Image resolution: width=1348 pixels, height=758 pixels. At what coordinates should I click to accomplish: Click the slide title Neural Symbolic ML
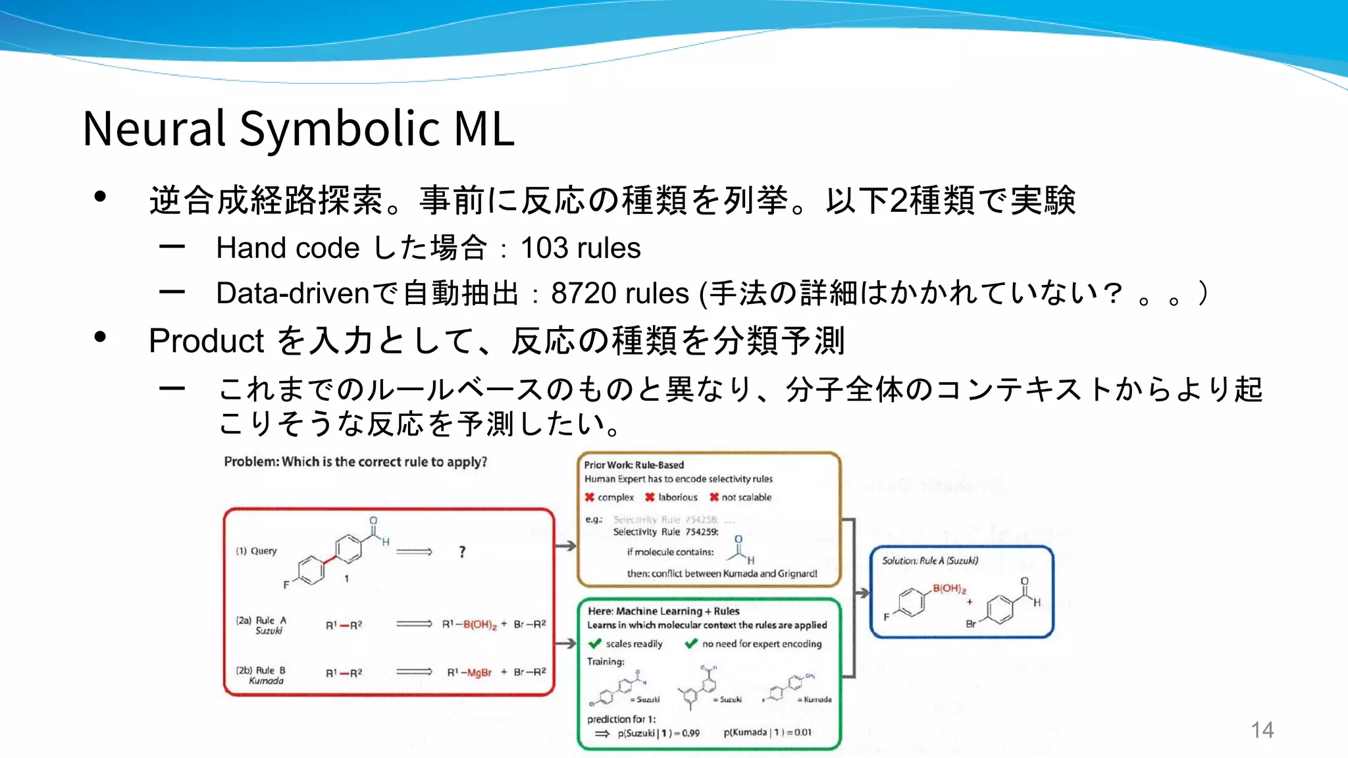298,128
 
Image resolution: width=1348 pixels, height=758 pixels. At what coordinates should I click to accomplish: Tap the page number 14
1262,730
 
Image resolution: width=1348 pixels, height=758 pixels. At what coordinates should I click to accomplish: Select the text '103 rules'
580,248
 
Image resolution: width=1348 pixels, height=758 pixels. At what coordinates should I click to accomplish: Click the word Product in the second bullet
206,341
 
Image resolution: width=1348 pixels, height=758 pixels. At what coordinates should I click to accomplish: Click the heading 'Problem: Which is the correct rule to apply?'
355,462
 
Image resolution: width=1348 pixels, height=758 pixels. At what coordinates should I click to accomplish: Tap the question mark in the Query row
462,551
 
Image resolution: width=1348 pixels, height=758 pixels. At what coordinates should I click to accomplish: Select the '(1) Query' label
257,551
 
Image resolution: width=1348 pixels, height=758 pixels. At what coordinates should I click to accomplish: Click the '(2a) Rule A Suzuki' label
262,625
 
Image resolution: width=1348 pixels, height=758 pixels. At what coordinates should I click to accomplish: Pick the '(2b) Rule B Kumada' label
261,675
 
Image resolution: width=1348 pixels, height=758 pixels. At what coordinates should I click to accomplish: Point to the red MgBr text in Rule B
479,672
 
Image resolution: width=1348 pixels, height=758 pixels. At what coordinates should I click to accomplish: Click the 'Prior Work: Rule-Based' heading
634,465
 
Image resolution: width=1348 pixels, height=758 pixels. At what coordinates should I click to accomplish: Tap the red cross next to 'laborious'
650,497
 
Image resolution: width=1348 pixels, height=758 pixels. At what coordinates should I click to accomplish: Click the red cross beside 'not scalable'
713,497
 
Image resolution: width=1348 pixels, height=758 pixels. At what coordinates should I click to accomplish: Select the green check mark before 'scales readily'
595,644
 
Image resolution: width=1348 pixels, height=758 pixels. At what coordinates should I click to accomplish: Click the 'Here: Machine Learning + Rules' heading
663,611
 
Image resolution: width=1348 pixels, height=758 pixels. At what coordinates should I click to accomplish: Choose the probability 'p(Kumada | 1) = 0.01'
767,732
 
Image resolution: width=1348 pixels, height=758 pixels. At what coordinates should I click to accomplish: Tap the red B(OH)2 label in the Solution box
949,588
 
